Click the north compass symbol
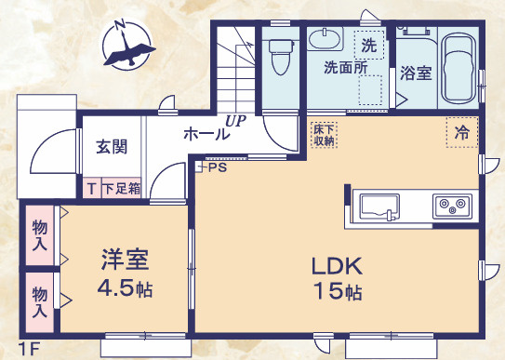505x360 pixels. pyautogui.click(x=125, y=47)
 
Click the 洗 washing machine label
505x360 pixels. pyautogui.click(x=369, y=44)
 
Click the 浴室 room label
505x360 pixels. pyautogui.click(x=416, y=73)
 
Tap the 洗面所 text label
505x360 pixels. pyautogui.click(x=344, y=68)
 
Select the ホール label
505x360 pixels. pyautogui.click(x=206, y=134)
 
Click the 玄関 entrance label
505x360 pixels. pyautogui.click(x=112, y=146)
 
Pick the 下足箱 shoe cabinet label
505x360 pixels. pyautogui.click(x=121, y=188)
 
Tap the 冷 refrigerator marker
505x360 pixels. pyautogui.click(x=461, y=132)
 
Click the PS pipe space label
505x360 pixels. pyautogui.click(x=217, y=168)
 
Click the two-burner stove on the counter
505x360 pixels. pyautogui.click(x=453, y=206)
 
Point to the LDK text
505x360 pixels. pyautogui.click(x=336, y=263)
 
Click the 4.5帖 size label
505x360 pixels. pyautogui.click(x=125, y=287)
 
